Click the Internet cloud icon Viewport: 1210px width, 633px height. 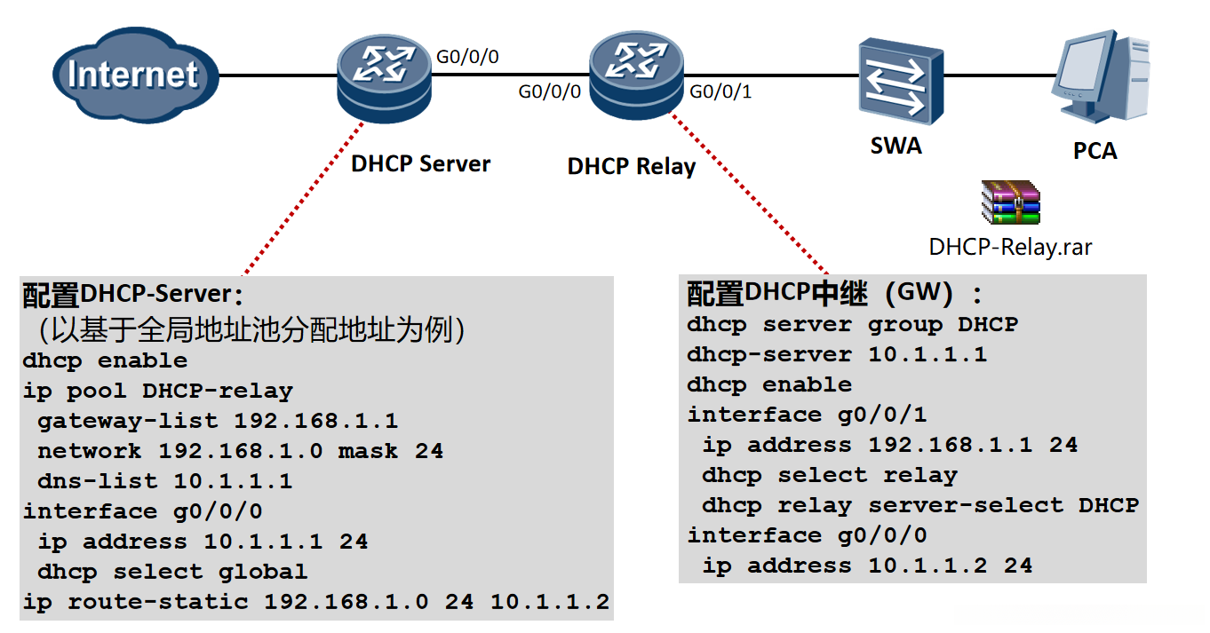click(x=136, y=75)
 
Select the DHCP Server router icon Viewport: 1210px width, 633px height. click(x=384, y=79)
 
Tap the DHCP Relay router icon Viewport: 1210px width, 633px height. click(x=636, y=75)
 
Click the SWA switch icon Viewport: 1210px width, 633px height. click(x=901, y=81)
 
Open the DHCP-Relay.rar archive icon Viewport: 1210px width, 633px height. click(x=1011, y=202)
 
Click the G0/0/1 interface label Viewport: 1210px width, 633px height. click(x=720, y=91)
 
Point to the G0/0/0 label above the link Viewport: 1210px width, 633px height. click(x=467, y=57)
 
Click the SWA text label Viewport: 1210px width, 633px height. click(x=896, y=146)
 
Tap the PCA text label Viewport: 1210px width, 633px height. click(x=1095, y=151)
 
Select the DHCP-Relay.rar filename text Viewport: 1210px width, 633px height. click(x=1010, y=247)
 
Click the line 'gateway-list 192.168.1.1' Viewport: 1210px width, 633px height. click(x=218, y=421)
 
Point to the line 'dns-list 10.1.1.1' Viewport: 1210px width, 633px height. click(x=165, y=481)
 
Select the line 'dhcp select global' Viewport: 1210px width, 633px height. click(x=173, y=572)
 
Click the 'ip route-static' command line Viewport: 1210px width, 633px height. click(x=316, y=602)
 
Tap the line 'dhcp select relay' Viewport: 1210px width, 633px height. click(x=830, y=476)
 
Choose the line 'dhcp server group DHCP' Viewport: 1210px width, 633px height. click(x=852, y=325)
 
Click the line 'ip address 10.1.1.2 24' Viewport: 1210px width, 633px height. click(x=867, y=566)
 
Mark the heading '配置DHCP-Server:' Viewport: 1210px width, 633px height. click(x=133, y=294)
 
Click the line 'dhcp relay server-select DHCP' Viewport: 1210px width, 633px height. click(x=920, y=506)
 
